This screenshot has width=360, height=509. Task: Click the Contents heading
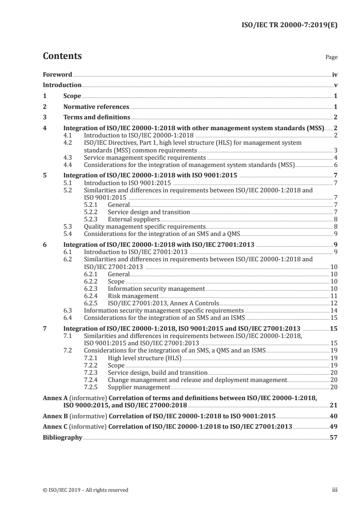click(x=62, y=56)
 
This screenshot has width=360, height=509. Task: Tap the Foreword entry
click(x=57, y=74)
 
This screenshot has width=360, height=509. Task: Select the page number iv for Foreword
click(x=335, y=74)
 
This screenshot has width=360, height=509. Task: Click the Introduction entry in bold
click(x=62, y=85)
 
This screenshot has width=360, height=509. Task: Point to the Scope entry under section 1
click(x=72, y=96)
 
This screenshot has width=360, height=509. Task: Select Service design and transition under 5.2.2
click(x=149, y=212)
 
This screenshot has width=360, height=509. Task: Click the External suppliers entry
click(x=133, y=219)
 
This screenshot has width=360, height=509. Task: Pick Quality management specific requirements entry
click(x=145, y=226)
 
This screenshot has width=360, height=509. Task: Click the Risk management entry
click(x=133, y=295)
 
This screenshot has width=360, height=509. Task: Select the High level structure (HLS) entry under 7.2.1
click(x=144, y=358)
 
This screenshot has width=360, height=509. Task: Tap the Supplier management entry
click(x=139, y=387)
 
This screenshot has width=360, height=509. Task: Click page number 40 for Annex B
click(x=334, y=416)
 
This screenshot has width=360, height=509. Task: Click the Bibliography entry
click(x=62, y=438)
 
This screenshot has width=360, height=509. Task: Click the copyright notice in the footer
click(x=85, y=490)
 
